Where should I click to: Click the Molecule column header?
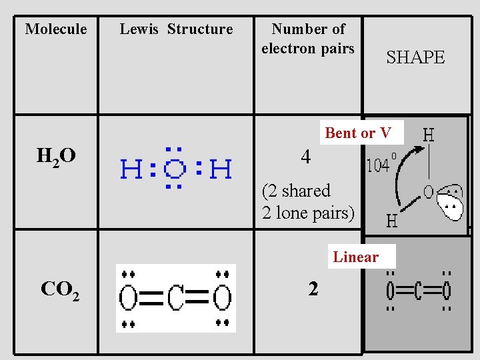(x=56, y=29)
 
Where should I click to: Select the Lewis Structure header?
(x=176, y=29)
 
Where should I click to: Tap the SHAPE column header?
(x=415, y=57)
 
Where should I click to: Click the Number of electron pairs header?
(x=308, y=39)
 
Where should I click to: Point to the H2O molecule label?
(x=55, y=157)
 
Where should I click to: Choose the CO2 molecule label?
(x=60, y=289)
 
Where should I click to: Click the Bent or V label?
(x=358, y=133)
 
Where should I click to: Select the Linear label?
(x=356, y=257)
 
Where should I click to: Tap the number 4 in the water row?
(x=305, y=157)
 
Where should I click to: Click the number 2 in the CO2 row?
(x=313, y=289)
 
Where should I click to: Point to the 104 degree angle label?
(x=382, y=165)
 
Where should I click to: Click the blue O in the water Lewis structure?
(x=175, y=169)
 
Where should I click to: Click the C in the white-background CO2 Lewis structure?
(x=176, y=298)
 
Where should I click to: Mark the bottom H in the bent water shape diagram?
(x=392, y=220)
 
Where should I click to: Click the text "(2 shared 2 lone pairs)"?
(x=308, y=202)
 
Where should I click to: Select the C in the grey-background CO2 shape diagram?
(x=417, y=291)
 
